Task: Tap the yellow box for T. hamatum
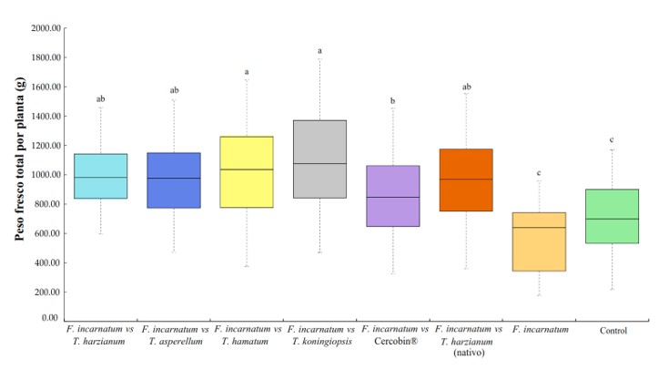pos(246,172)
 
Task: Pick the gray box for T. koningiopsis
pos(319,159)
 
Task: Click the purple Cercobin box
pos(392,196)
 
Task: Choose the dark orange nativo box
pos(465,180)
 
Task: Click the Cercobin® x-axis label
pos(392,341)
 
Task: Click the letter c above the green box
pos(612,139)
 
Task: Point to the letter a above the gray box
pos(319,51)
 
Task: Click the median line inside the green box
pos(612,220)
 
